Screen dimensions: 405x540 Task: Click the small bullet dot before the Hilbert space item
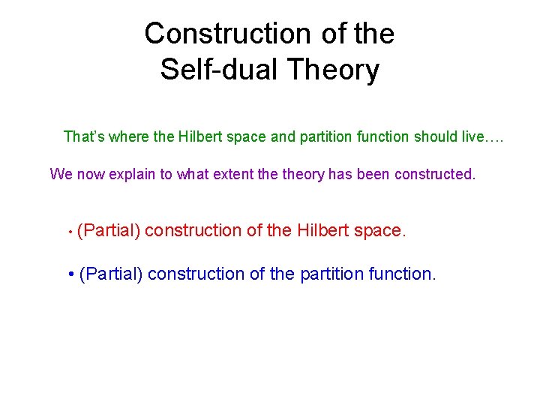point(70,232)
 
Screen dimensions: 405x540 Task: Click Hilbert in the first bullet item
point(322,231)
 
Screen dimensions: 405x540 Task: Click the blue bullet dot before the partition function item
point(70,274)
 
